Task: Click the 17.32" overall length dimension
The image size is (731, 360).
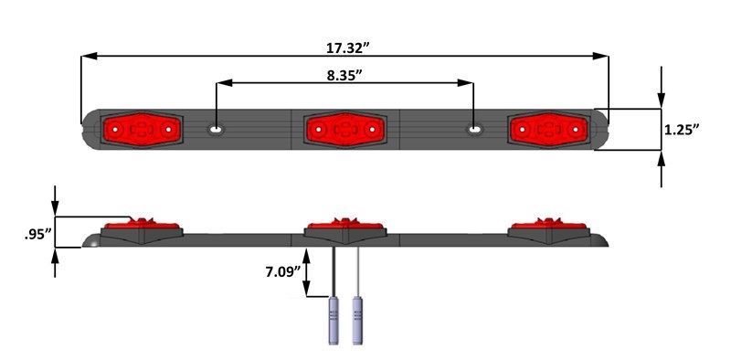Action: pyautogui.click(x=344, y=48)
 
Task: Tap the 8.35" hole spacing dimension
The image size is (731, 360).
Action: pyautogui.click(x=344, y=76)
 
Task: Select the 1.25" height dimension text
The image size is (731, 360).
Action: pyautogui.click(x=682, y=130)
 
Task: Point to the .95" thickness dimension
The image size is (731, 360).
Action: pyautogui.click(x=37, y=234)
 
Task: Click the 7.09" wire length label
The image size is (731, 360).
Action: pyautogui.click(x=282, y=271)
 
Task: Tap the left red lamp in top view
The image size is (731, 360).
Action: pyautogui.click(x=142, y=130)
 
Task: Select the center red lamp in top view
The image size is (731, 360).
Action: pyautogui.click(x=345, y=130)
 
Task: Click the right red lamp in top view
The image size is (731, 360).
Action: pyautogui.click(x=549, y=130)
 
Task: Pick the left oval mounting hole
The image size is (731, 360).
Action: pyautogui.click(x=216, y=130)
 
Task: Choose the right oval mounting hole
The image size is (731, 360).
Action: pyautogui.click(x=474, y=130)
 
